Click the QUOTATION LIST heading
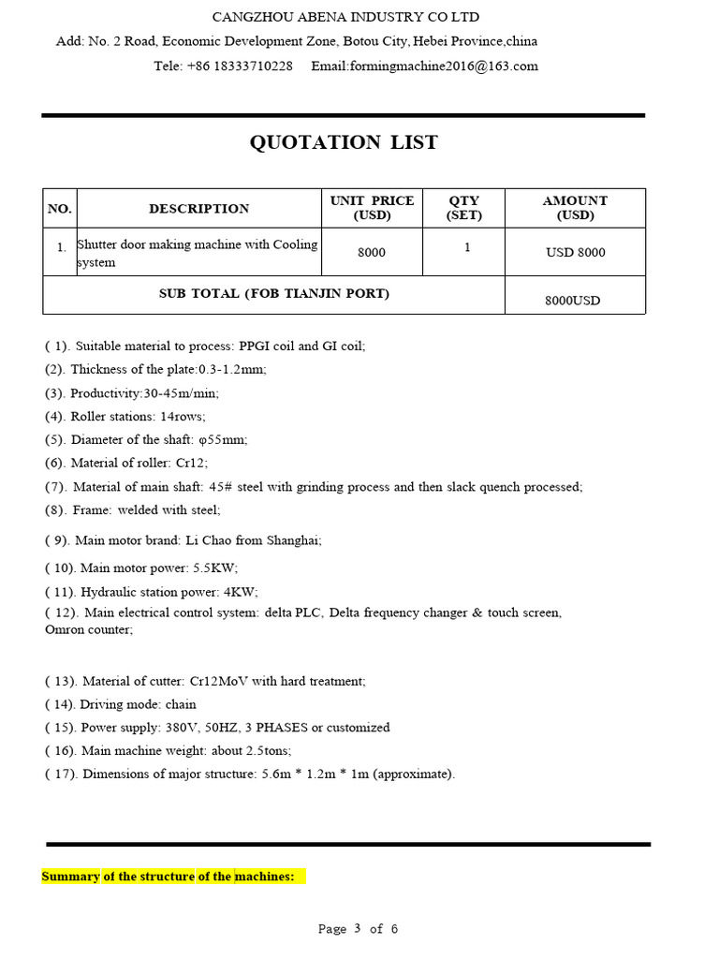(x=344, y=142)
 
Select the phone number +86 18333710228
(x=240, y=66)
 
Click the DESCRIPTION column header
(x=198, y=209)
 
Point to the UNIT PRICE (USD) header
(x=372, y=208)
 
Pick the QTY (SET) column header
(x=463, y=208)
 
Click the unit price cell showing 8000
(x=372, y=253)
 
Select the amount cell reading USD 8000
(x=575, y=253)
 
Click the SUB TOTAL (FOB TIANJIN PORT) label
(x=274, y=294)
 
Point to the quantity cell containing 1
(x=467, y=248)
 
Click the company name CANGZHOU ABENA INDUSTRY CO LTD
(x=345, y=17)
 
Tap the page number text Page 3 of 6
(x=359, y=929)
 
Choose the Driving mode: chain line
(x=120, y=704)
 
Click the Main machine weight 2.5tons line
(x=168, y=751)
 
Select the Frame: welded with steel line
(x=132, y=510)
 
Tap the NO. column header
(x=59, y=209)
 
